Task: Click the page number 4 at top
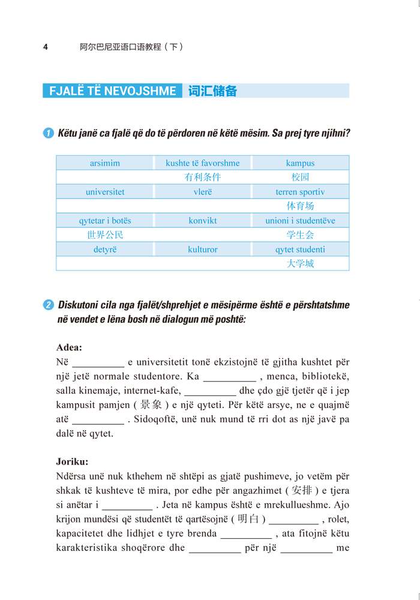point(46,47)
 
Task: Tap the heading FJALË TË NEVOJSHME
point(112,91)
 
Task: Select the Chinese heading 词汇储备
point(212,91)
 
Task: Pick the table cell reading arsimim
point(105,163)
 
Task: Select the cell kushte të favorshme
point(203,163)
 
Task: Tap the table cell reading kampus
point(300,163)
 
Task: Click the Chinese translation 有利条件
point(203,178)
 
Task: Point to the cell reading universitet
point(105,192)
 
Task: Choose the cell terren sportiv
point(300,192)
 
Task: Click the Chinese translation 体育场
point(300,206)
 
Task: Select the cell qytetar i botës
point(105,221)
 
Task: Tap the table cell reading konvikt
point(203,221)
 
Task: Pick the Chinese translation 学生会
point(300,235)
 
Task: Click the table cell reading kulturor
point(203,250)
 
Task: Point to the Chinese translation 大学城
point(300,264)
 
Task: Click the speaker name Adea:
point(69,347)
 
